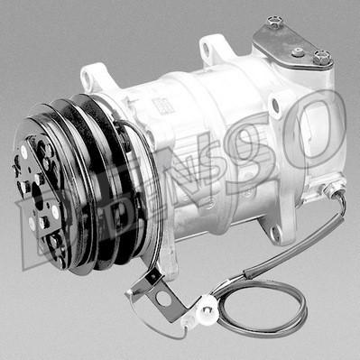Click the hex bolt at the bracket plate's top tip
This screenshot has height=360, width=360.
[275, 22]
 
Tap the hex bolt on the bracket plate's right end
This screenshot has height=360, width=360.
[320, 58]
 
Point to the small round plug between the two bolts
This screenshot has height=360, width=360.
[298, 51]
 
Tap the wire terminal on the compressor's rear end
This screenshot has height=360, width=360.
[336, 192]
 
